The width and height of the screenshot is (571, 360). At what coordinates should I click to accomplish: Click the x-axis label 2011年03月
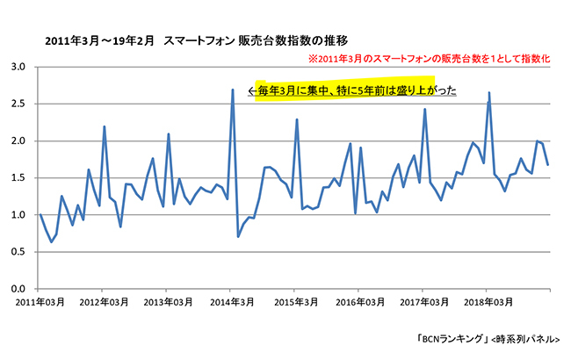[40, 302]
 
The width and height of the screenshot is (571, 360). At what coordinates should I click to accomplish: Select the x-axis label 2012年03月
[104, 302]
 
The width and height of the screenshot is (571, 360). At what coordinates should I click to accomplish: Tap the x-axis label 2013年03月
[168, 302]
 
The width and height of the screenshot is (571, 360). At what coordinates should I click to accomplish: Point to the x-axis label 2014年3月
[232, 302]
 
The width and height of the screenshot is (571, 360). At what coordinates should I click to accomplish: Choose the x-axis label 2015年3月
[296, 302]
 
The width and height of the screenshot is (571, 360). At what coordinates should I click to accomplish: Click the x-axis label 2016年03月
[359, 302]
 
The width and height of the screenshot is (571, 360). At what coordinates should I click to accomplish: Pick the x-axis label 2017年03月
[423, 302]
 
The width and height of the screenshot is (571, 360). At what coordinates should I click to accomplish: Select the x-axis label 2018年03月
[488, 302]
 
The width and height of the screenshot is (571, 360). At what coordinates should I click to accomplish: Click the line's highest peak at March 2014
[232, 90]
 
